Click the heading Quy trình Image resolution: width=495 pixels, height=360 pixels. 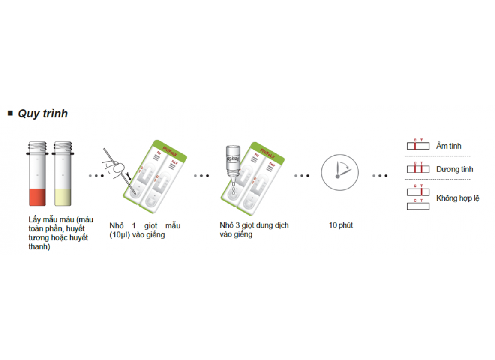coord(42,114)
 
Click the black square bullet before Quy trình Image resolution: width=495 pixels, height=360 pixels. coord(10,113)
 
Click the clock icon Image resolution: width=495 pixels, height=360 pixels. coord(340,172)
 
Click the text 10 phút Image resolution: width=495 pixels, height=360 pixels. coord(341,225)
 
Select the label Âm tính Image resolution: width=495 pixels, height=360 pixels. coord(448,146)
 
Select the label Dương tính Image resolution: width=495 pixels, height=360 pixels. coord(454,169)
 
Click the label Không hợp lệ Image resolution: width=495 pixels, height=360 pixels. coord(458,198)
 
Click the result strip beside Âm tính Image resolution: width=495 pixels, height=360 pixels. coord(418,146)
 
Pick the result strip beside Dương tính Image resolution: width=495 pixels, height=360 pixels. coord(418,169)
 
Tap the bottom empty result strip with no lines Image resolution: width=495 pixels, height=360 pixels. coord(418,206)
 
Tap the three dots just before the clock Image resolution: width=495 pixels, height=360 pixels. coord(302,176)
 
